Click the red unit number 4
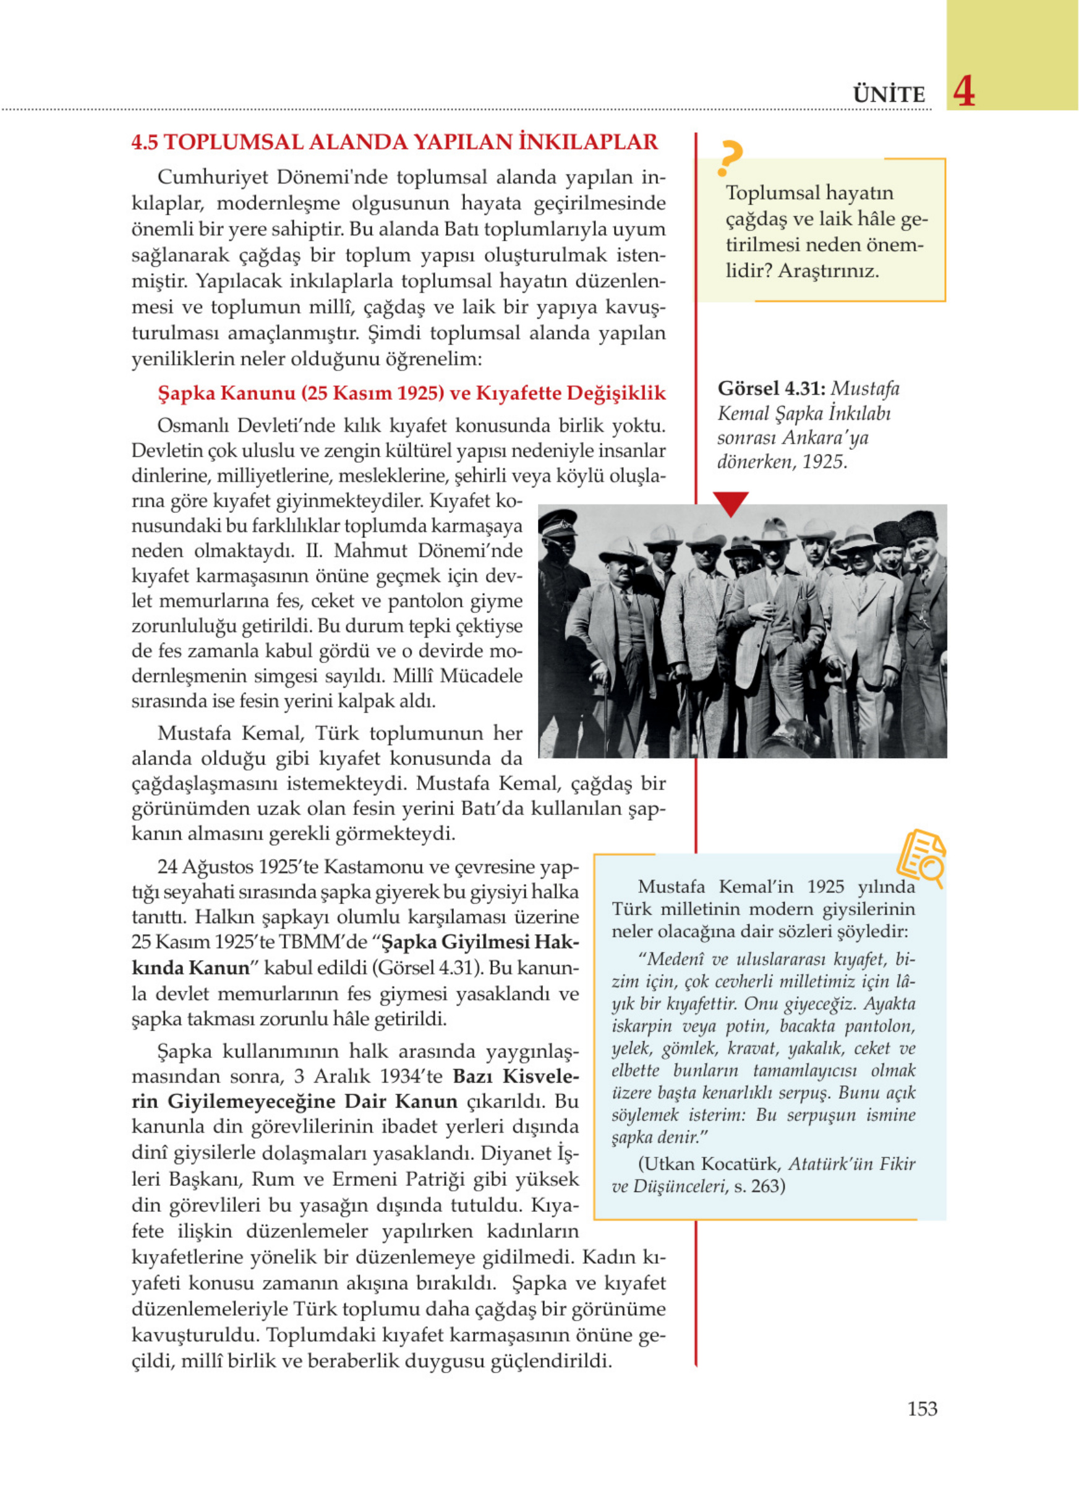964,92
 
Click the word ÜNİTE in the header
889,95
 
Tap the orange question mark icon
730,159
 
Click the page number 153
922,1408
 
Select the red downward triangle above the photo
730,502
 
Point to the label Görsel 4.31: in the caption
771,388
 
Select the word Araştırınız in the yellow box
828,271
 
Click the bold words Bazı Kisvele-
515,1076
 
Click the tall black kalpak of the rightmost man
918,525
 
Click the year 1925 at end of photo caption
824,462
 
